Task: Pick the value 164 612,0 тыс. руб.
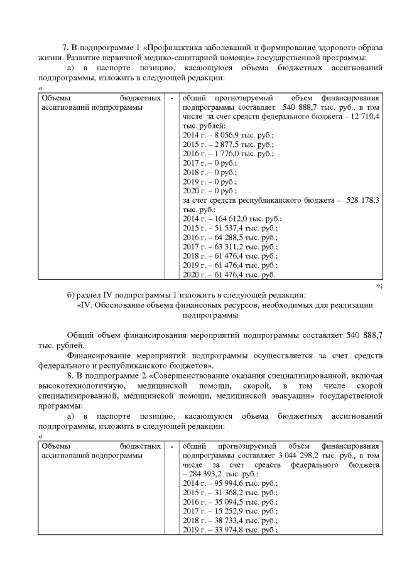pos(226,218)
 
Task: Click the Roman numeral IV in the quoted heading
pos(85,305)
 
